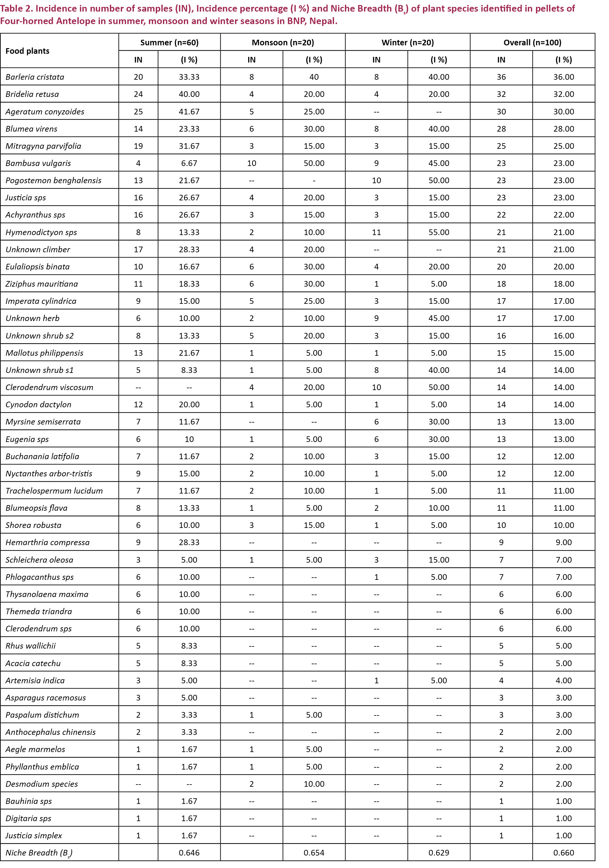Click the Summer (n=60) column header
169,42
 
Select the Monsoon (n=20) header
282,42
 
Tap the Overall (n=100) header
532,42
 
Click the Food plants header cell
27,51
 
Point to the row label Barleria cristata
35,77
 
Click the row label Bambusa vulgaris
38,163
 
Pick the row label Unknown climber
38,249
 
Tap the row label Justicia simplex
34,835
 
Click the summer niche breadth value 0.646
189,853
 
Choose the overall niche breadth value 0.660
563,853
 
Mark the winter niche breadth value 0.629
439,853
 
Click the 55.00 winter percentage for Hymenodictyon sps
439,232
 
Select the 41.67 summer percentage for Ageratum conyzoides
189,112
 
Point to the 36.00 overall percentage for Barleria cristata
563,77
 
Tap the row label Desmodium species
42,784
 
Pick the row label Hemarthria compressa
47,543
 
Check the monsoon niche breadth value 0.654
314,853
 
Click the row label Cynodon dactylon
38,404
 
